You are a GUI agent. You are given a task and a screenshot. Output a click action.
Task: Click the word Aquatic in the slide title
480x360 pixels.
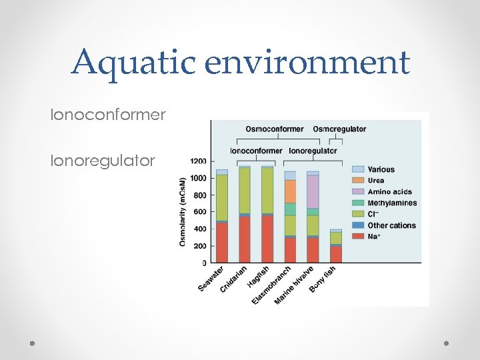pyautogui.click(x=133, y=62)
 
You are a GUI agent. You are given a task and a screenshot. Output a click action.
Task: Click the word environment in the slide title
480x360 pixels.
pyautogui.click(x=308, y=62)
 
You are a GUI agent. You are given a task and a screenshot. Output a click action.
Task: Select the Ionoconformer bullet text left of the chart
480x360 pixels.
pyautogui.click(x=108, y=115)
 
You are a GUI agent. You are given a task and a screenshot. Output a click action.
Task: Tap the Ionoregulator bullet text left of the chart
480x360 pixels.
pyautogui.click(x=103, y=161)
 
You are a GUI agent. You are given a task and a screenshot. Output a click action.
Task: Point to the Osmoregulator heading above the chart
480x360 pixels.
pyautogui.click(x=339, y=129)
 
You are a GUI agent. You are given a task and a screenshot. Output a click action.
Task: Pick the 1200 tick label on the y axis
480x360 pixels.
pyautogui.click(x=199, y=161)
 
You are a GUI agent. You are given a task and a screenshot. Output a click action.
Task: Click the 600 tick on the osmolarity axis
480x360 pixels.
pyautogui.click(x=200, y=212)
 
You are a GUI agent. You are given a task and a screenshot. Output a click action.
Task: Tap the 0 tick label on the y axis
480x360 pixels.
pyautogui.click(x=204, y=263)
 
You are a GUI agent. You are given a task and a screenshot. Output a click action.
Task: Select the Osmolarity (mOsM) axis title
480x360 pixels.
pyautogui.click(x=183, y=211)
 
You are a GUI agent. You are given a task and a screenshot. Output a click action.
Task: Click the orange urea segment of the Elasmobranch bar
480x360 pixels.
pyautogui.click(x=290, y=191)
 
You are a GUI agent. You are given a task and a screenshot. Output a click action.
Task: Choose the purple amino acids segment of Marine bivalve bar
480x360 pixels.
pyautogui.click(x=312, y=191)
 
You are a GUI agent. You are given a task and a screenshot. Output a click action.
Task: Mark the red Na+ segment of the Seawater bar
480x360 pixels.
pyautogui.click(x=222, y=243)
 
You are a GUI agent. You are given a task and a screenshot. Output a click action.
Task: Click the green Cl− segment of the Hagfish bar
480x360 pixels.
pyautogui.click(x=267, y=190)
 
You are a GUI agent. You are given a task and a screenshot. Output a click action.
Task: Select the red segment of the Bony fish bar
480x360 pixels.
pyautogui.click(x=335, y=255)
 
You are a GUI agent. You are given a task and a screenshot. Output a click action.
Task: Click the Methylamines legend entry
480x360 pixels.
pyautogui.click(x=392, y=203)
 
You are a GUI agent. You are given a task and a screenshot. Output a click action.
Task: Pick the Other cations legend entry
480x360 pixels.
pyautogui.click(x=391, y=225)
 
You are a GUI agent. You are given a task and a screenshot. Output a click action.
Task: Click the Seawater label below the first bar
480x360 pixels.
pyautogui.click(x=211, y=279)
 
